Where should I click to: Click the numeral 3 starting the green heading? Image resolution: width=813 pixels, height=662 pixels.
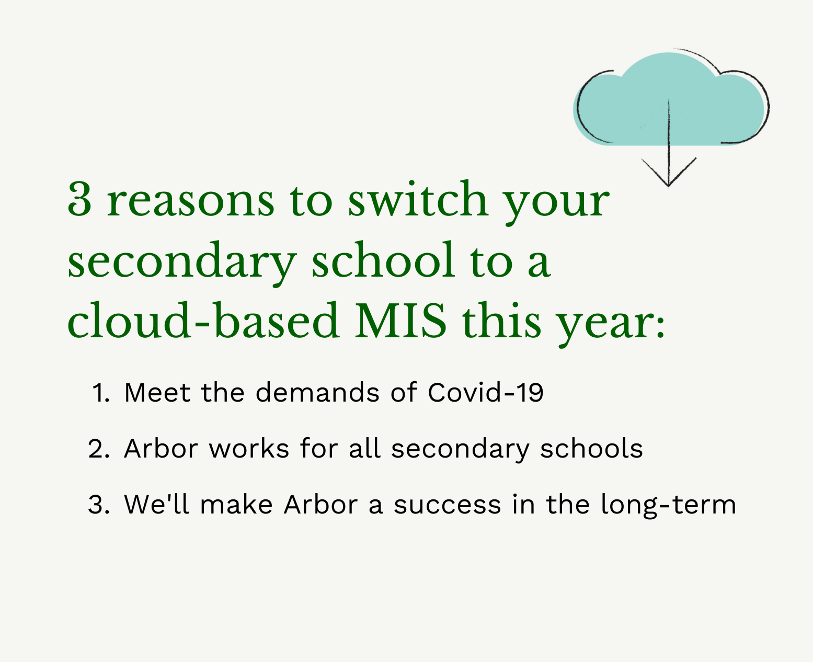[79, 200]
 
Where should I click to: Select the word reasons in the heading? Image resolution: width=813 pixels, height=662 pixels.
[190, 201]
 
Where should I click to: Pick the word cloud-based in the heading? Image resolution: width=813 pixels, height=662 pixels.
[203, 321]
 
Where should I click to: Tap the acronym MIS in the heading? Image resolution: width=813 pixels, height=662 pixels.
[400, 321]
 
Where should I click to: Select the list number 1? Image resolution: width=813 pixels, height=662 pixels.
[100, 393]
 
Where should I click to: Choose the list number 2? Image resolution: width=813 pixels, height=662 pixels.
[99, 449]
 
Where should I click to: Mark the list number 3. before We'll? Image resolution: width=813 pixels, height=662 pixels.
[99, 505]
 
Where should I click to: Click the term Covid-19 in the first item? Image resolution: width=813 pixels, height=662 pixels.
[485, 392]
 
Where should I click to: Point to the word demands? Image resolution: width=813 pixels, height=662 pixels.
[317, 392]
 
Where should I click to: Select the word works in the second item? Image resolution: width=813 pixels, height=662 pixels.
[249, 449]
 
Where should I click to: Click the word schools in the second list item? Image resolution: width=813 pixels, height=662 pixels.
[591, 449]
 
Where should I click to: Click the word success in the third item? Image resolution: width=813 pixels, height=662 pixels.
[447, 505]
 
